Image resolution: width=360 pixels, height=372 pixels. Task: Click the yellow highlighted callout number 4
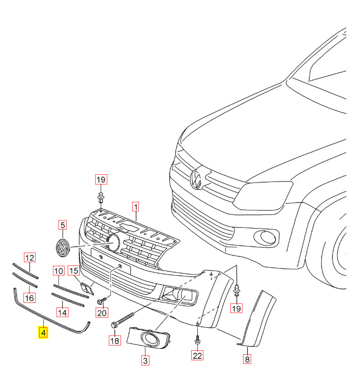pyautogui.click(x=43, y=333)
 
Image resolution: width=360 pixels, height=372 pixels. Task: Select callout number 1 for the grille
pyautogui.click(x=136, y=207)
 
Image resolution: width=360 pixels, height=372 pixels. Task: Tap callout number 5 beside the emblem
pyautogui.click(x=63, y=225)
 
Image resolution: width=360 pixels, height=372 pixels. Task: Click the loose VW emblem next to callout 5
pyautogui.click(x=63, y=249)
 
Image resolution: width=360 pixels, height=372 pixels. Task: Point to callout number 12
pyautogui.click(x=30, y=258)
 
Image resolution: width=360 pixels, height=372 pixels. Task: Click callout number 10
pyautogui.click(x=58, y=271)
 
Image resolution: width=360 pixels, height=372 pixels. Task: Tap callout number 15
pyautogui.click(x=74, y=271)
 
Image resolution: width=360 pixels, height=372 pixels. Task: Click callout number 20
pyautogui.click(x=102, y=313)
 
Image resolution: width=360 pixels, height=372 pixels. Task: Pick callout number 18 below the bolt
pyautogui.click(x=114, y=340)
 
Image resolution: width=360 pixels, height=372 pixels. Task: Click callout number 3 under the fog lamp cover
pyautogui.click(x=145, y=361)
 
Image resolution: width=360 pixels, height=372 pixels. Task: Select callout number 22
pyautogui.click(x=197, y=356)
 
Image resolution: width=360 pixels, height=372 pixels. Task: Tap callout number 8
pyautogui.click(x=247, y=359)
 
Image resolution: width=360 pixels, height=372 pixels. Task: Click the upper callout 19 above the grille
pyautogui.click(x=101, y=179)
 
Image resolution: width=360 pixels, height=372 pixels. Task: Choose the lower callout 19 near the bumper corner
pyautogui.click(x=237, y=308)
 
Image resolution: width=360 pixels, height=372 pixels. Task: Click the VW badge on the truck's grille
pyautogui.click(x=196, y=179)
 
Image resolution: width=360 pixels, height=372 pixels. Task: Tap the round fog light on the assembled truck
pyautogui.click(x=265, y=236)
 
